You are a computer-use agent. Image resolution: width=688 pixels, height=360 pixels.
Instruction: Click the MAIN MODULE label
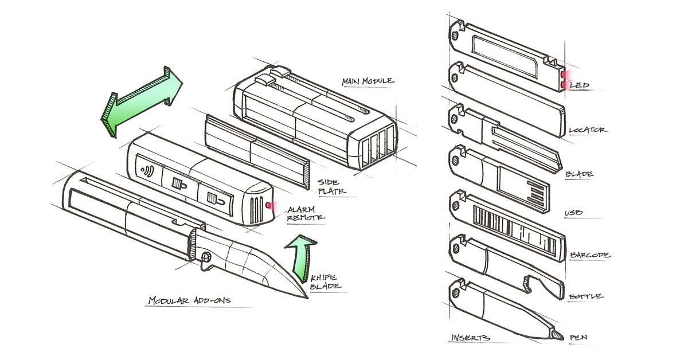[x=368, y=81]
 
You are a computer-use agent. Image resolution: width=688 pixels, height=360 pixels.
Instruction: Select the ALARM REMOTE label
[x=306, y=213]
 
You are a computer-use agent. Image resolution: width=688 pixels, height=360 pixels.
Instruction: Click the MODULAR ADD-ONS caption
[x=190, y=300]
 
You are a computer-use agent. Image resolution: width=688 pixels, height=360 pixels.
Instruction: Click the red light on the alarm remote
[x=268, y=206]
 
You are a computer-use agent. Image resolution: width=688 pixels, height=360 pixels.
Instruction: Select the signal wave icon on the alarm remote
[x=148, y=170]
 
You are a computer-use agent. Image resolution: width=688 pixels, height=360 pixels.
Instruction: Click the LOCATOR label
[x=587, y=130]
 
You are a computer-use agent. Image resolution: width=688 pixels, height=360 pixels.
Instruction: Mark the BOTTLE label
[x=585, y=296]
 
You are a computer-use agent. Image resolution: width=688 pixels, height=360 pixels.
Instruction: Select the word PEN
[x=578, y=338]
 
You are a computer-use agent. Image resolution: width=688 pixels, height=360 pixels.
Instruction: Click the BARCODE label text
[x=590, y=255]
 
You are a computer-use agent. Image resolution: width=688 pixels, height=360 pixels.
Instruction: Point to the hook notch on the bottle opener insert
[x=528, y=283]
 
